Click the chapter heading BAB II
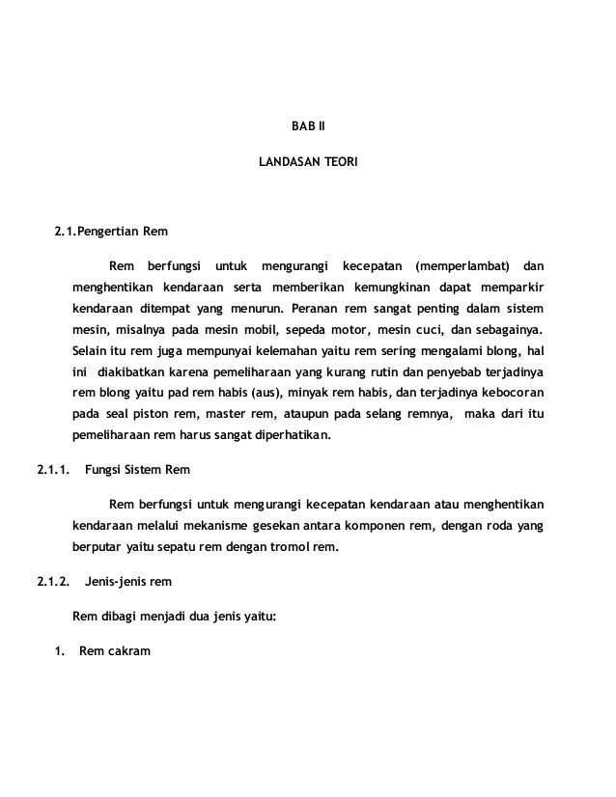(309, 126)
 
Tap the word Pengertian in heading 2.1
(108, 233)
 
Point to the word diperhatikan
(286, 435)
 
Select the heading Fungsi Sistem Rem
(138, 470)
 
